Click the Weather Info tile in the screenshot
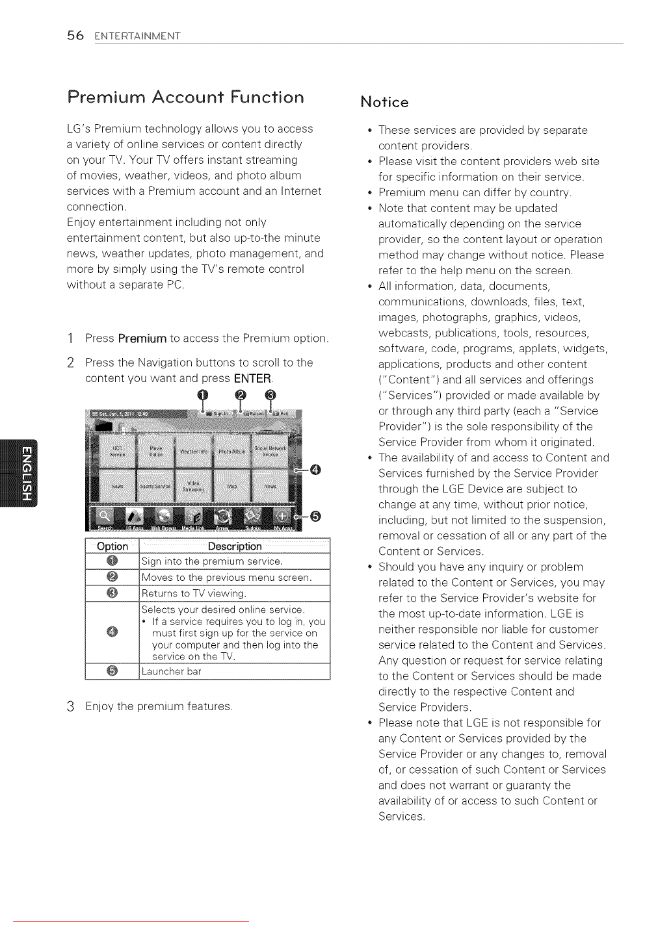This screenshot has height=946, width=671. [x=194, y=450]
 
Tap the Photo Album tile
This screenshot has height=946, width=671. [x=232, y=450]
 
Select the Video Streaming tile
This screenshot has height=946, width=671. [x=194, y=486]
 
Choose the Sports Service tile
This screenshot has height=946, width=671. [x=155, y=486]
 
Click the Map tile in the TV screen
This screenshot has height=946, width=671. [x=232, y=486]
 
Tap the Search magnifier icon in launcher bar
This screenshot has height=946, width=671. [x=104, y=517]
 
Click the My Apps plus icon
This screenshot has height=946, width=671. [x=282, y=517]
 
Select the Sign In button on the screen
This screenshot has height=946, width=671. [x=218, y=413]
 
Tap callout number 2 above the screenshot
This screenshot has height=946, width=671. [x=240, y=396]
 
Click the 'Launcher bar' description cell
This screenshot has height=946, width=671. [x=235, y=672]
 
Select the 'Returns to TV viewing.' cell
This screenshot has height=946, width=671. [x=235, y=594]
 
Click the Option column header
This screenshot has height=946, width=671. [x=112, y=546]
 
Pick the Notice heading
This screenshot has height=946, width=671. [x=384, y=102]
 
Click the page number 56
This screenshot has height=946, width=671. [x=75, y=36]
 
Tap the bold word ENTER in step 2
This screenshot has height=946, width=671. [x=252, y=379]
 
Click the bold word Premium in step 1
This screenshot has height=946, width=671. [x=142, y=339]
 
